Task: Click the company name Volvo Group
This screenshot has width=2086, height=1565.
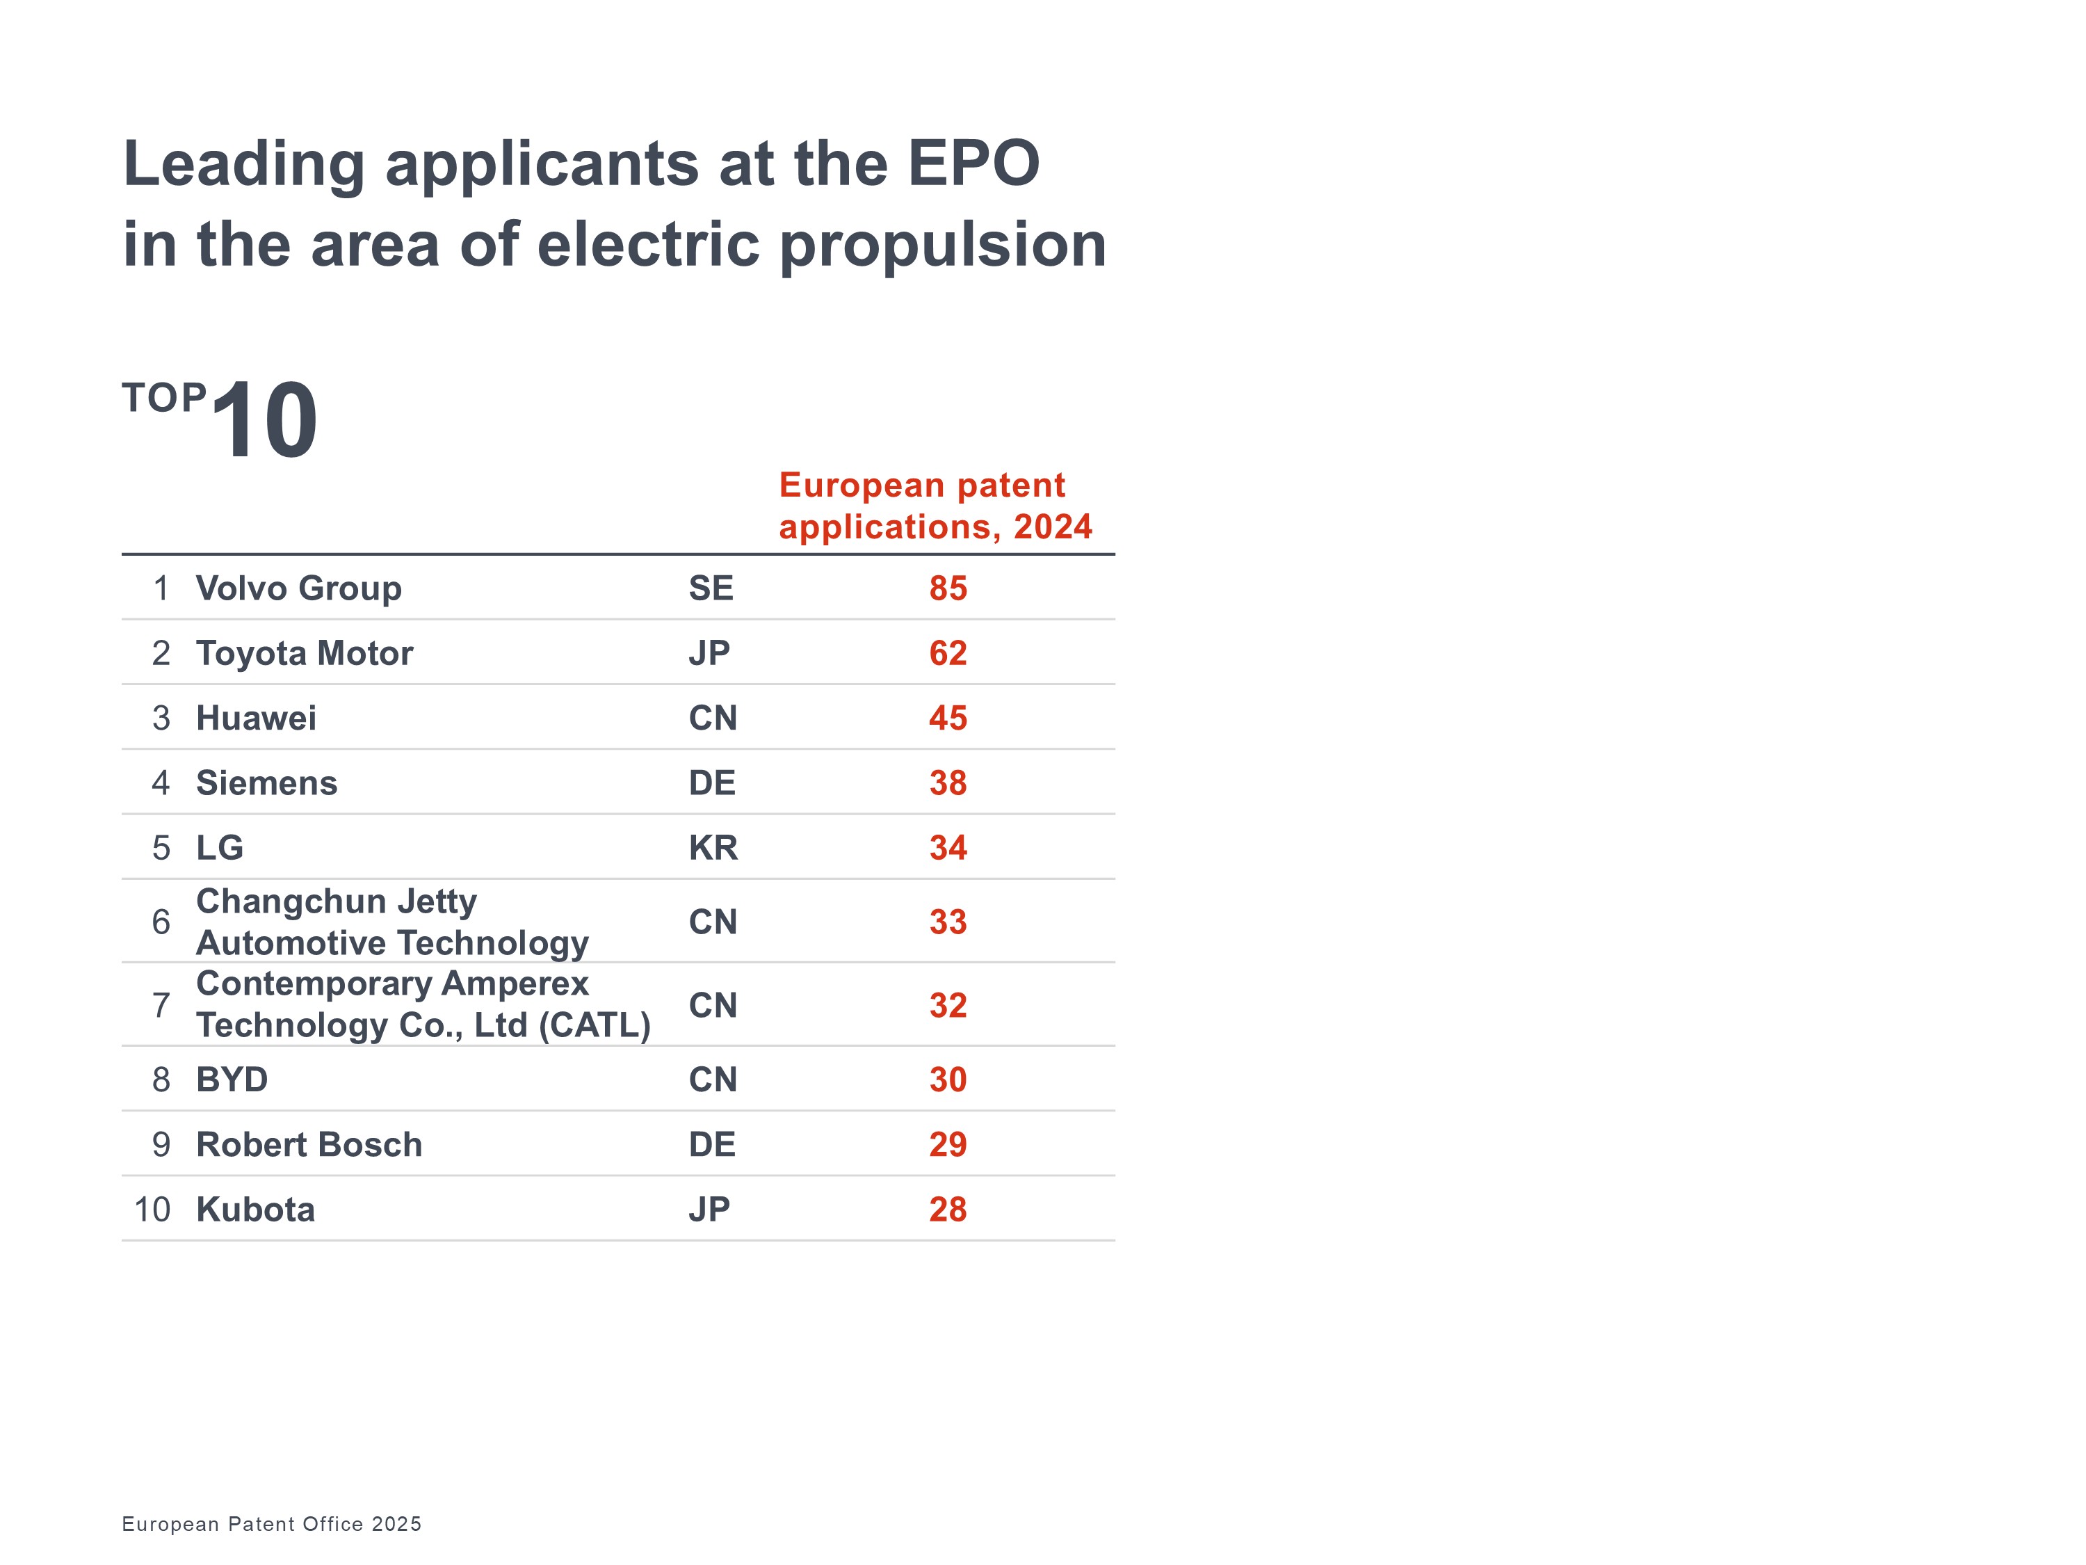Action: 299,588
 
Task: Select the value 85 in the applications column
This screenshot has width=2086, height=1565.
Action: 948,588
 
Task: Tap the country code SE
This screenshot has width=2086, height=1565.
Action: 711,588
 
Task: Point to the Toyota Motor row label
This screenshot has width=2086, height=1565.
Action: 305,653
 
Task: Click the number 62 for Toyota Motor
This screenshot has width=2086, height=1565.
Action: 948,653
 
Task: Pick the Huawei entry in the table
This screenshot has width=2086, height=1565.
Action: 257,718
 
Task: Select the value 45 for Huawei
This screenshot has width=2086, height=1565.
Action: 948,718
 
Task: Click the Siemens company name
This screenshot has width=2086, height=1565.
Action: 267,783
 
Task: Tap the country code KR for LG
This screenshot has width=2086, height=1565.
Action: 713,848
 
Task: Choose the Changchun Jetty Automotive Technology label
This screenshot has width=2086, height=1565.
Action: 392,922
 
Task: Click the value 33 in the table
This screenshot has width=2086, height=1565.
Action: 948,922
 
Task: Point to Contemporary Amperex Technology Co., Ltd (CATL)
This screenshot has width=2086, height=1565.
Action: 423,1004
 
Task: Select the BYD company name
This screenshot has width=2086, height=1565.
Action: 232,1080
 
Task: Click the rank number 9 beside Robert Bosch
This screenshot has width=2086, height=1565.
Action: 161,1144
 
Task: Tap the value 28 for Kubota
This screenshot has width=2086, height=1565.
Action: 948,1210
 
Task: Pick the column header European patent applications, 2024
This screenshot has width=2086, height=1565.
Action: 935,506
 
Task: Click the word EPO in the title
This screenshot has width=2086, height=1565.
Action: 973,163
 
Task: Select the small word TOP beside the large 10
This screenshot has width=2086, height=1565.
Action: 164,398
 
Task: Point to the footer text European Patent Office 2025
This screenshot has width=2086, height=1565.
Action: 272,1523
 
